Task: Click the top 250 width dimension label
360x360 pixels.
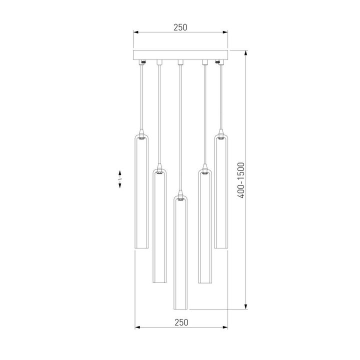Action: [x=180, y=27]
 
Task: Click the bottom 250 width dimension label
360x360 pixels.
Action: [x=180, y=322]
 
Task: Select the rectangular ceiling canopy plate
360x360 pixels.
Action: [x=180, y=54]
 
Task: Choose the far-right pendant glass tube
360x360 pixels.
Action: [x=222, y=192]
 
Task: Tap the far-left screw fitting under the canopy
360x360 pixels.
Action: [x=143, y=62]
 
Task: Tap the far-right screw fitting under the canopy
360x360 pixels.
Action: [x=218, y=62]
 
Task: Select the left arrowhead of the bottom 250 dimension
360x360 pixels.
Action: [x=138, y=328]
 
